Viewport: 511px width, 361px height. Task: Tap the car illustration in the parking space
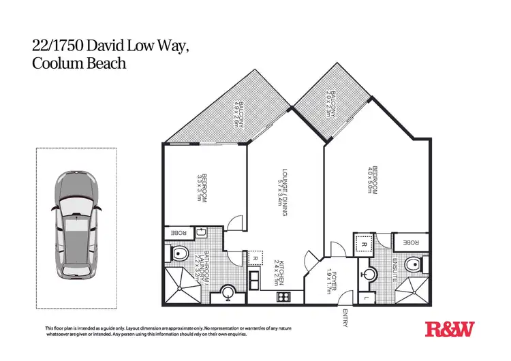(x=76, y=225)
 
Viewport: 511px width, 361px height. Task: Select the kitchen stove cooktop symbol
(x=281, y=297)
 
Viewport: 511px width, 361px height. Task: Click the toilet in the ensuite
(x=412, y=265)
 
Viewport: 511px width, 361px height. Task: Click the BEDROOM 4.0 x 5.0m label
(x=372, y=181)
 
